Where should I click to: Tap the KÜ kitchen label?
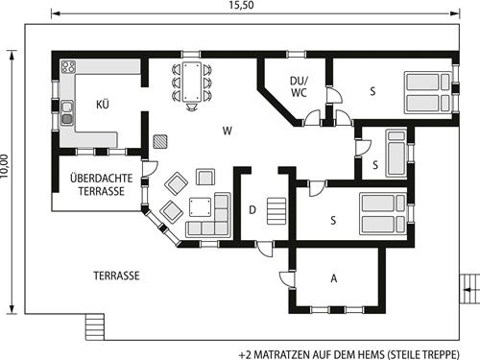coord(102,104)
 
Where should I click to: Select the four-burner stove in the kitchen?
coord(69,67)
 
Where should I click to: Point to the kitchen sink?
coord(66,114)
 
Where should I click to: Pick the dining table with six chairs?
coord(190,82)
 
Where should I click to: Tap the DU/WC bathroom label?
coord(299,87)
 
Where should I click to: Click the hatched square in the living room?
coord(159,139)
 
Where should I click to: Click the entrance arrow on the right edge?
coord(468,284)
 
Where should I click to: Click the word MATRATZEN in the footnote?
coord(286,350)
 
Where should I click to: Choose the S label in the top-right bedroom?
coord(371,92)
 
